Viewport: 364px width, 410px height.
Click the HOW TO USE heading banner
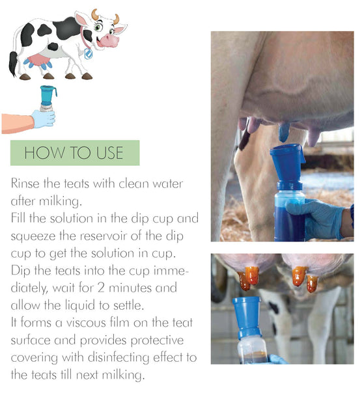(x=74, y=153)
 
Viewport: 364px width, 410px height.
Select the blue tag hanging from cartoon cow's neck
(x=88, y=55)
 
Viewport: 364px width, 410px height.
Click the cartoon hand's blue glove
(x=43, y=118)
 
